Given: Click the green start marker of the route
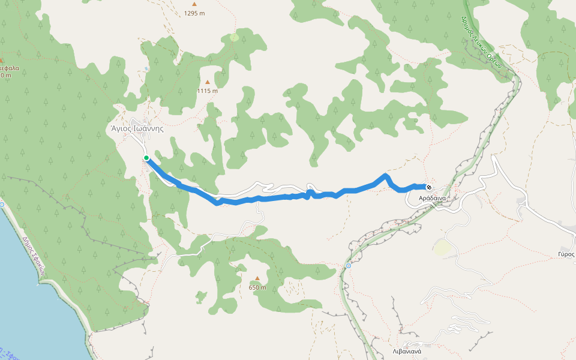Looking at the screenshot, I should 146,158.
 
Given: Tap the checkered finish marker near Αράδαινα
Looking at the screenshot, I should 428,187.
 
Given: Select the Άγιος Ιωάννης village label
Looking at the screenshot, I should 137,128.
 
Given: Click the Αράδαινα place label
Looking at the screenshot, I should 432,198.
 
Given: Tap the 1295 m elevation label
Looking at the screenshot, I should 194,13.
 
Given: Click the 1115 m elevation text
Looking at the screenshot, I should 208,91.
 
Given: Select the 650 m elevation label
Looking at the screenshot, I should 257,287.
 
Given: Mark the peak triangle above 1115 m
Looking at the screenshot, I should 208,82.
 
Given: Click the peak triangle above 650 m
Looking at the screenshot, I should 257,278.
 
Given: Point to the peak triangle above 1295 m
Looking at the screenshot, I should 194,4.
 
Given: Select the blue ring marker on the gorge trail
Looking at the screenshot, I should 348,265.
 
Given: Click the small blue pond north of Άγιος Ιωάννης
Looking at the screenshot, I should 146,68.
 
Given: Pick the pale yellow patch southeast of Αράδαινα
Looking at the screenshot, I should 442,247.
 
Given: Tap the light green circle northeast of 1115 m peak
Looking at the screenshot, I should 233,37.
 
